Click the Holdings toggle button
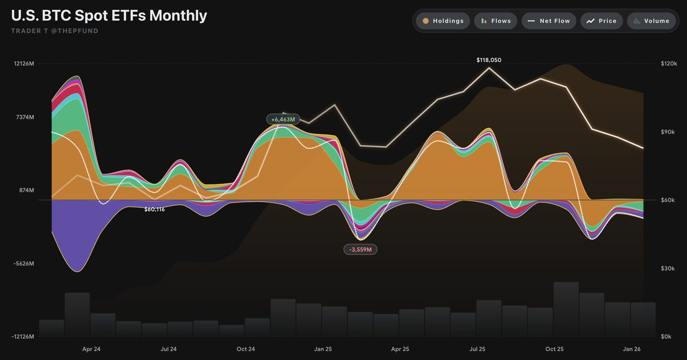443,21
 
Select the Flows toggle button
496,21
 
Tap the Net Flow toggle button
548,21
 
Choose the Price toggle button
601,21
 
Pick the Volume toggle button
651,21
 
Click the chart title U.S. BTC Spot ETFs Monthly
109,15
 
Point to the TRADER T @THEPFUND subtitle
54,31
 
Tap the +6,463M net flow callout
283,119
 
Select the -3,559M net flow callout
360,249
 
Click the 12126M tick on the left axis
24,64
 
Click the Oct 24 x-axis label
245,349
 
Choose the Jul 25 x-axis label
477,349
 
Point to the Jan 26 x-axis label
632,349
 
